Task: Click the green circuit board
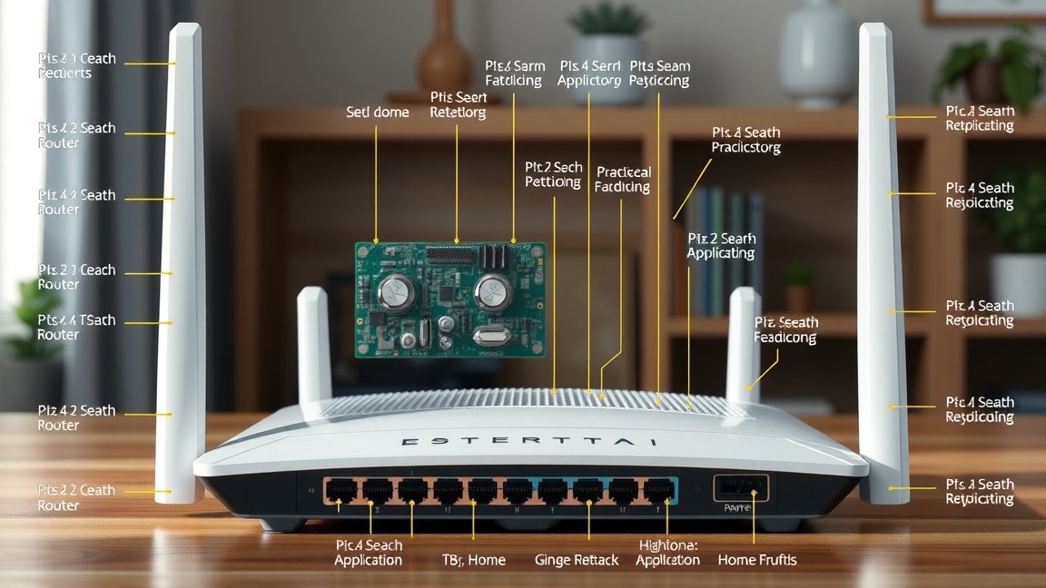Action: click(x=449, y=299)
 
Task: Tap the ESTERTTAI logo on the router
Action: click(x=531, y=442)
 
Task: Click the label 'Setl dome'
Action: click(x=378, y=113)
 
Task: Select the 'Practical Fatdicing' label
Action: click(x=622, y=180)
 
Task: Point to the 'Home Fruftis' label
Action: click(x=756, y=560)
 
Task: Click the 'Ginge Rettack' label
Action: click(x=577, y=560)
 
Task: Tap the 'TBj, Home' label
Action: click(x=473, y=560)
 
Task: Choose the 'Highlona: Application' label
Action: click(x=667, y=553)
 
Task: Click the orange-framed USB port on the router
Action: click(x=740, y=489)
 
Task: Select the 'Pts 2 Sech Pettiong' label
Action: click(x=553, y=174)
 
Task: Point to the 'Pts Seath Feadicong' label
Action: click(x=785, y=330)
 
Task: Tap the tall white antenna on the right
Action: click(x=882, y=263)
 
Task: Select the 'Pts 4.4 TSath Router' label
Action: click(x=76, y=328)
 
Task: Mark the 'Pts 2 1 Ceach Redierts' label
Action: click(x=77, y=65)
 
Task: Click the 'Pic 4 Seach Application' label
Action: click(x=369, y=553)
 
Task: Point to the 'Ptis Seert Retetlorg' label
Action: click(x=458, y=105)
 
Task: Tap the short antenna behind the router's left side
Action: click(x=313, y=344)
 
